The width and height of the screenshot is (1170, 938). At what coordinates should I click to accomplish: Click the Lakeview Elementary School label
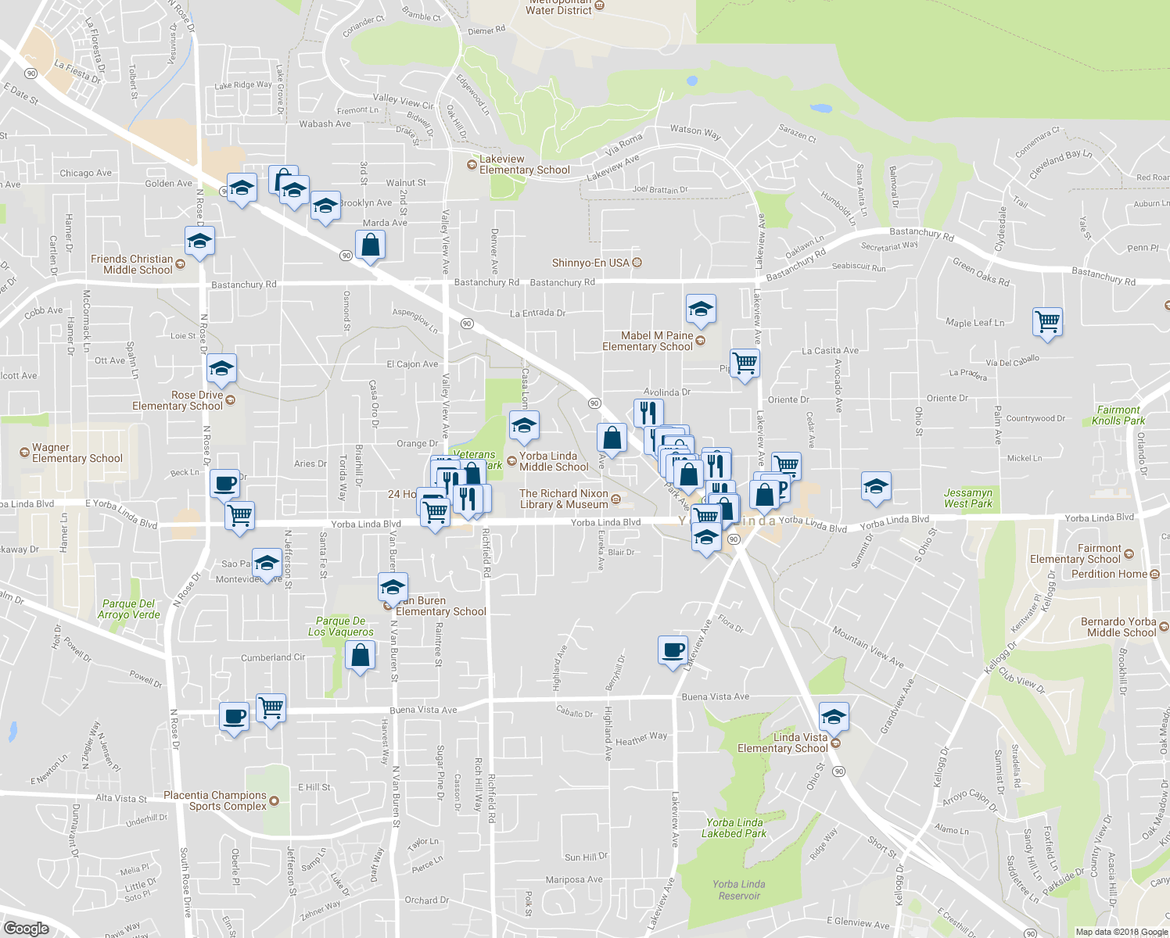[x=523, y=165]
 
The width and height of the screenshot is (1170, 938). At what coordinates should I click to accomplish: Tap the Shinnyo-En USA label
[x=590, y=263]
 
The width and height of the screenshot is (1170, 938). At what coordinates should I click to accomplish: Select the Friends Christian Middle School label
[x=132, y=264]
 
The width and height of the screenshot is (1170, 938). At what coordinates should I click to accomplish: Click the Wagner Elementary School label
[x=77, y=453]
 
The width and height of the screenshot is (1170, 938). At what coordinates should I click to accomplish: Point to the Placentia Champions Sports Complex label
[x=215, y=800]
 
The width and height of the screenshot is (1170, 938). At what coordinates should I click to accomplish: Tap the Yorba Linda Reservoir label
[x=738, y=890]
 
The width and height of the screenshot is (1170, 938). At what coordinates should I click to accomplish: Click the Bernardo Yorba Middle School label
[x=1120, y=627]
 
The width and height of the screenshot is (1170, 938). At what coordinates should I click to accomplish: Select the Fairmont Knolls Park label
[x=1118, y=415]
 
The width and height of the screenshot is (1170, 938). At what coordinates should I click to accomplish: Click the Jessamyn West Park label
[x=967, y=498]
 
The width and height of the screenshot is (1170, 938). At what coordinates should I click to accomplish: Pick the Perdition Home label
[x=1109, y=574]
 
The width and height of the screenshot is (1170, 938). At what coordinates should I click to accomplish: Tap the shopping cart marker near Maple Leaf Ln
[x=1047, y=321]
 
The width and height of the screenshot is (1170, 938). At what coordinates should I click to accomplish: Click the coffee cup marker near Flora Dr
[x=673, y=650]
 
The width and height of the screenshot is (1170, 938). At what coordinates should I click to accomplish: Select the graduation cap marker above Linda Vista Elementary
[x=834, y=716]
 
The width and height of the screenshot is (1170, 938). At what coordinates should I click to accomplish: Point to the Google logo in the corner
[x=26, y=928]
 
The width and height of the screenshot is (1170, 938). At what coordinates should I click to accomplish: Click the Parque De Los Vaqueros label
[x=340, y=626]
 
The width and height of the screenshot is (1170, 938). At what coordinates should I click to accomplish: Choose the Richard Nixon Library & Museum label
[x=564, y=499]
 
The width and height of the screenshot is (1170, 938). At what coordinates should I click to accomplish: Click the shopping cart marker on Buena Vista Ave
[x=271, y=708]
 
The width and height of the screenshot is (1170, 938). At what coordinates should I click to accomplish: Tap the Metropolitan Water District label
[x=558, y=8]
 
